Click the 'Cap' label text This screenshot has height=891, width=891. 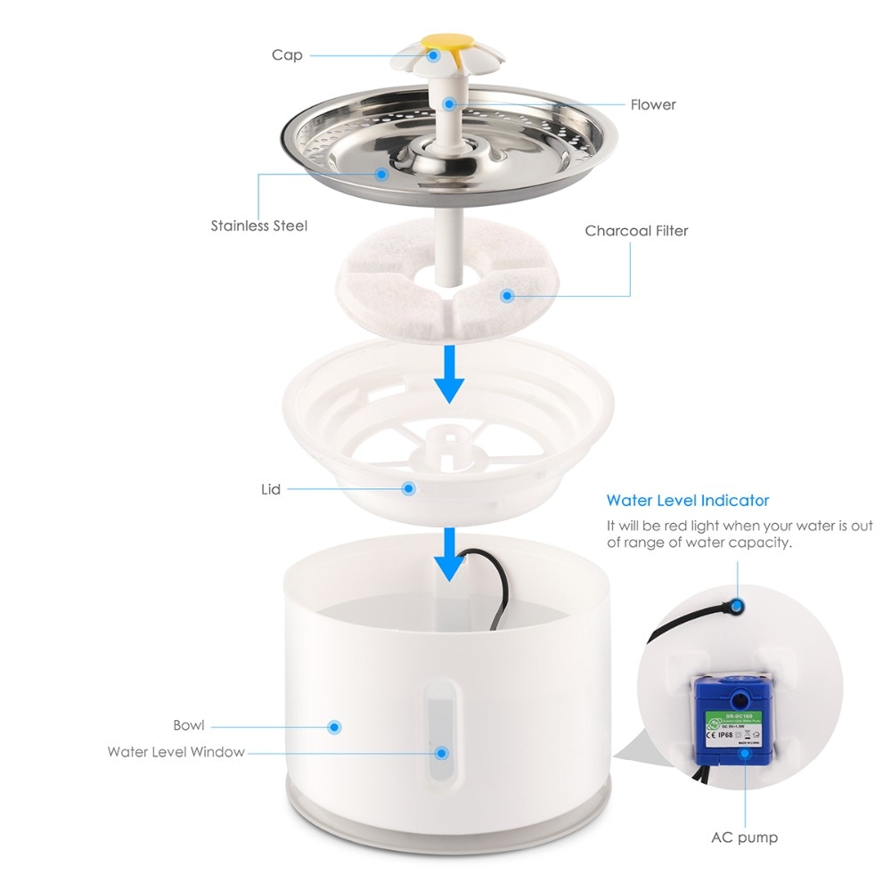click(x=287, y=55)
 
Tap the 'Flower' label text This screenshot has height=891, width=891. click(x=653, y=104)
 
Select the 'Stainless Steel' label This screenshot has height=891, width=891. click(x=258, y=225)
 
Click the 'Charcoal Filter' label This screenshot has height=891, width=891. click(x=636, y=231)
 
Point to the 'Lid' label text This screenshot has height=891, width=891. click(x=271, y=489)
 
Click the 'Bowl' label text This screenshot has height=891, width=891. click(x=190, y=725)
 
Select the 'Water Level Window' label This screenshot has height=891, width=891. click(x=176, y=752)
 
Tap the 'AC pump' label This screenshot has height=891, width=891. click(x=744, y=838)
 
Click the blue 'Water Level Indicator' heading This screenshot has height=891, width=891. click(x=687, y=501)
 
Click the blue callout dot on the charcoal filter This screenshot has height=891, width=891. click(x=508, y=295)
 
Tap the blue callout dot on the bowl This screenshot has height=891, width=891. click(x=335, y=727)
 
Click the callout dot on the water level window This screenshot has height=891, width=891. click(x=440, y=753)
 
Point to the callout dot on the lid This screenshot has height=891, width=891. click(x=409, y=488)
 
